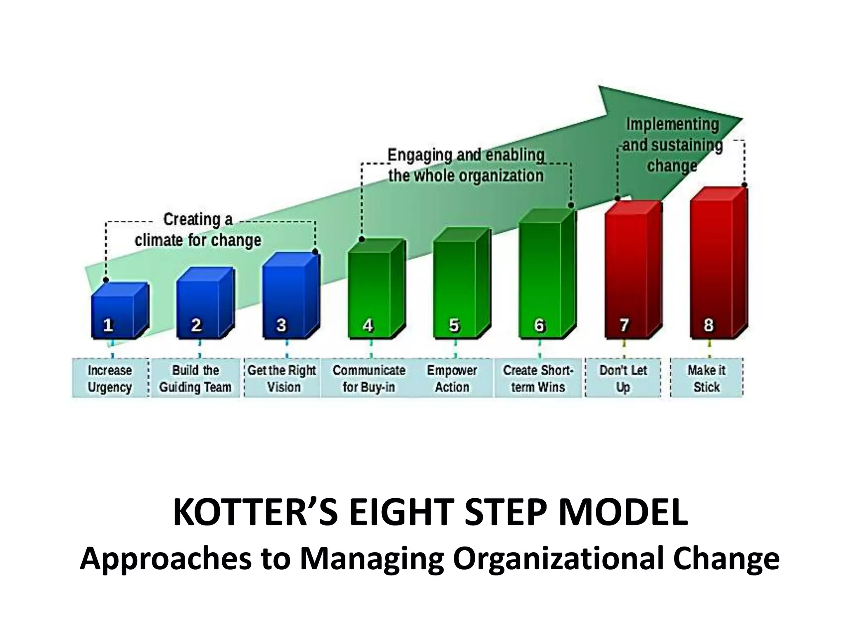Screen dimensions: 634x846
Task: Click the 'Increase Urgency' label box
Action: pos(110,379)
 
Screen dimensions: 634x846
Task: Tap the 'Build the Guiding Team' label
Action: pos(195,379)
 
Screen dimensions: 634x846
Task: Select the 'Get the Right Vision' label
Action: pos(283,379)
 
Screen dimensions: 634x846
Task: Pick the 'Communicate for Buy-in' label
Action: pos(369,379)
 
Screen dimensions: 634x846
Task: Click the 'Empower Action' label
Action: pos(452,379)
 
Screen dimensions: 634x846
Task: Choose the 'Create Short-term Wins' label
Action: pos(538,379)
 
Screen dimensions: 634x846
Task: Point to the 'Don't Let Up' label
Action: pos(623,379)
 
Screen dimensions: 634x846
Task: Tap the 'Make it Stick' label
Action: pos(707,379)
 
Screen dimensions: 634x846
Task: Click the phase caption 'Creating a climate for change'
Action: pos(198,230)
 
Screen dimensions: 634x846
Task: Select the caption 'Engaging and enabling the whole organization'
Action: pos(466,165)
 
